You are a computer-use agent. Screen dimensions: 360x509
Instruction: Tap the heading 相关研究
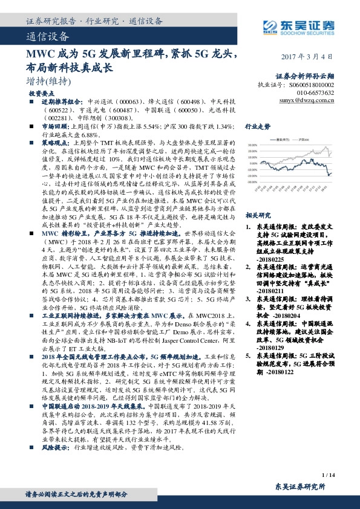[257, 215]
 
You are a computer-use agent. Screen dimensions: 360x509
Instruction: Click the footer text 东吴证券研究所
[299, 487]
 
